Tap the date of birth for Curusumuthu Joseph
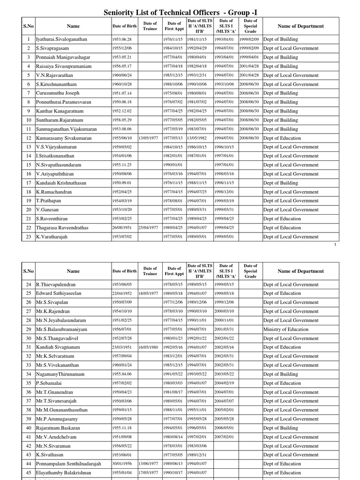[x=121, y=93]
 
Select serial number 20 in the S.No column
[x=29, y=210]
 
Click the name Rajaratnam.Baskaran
[x=58, y=428]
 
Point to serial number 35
[x=29, y=383]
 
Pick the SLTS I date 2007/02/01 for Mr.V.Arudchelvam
[x=224, y=437]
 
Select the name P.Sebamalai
[x=50, y=383]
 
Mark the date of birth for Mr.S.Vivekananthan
[x=121, y=365]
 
